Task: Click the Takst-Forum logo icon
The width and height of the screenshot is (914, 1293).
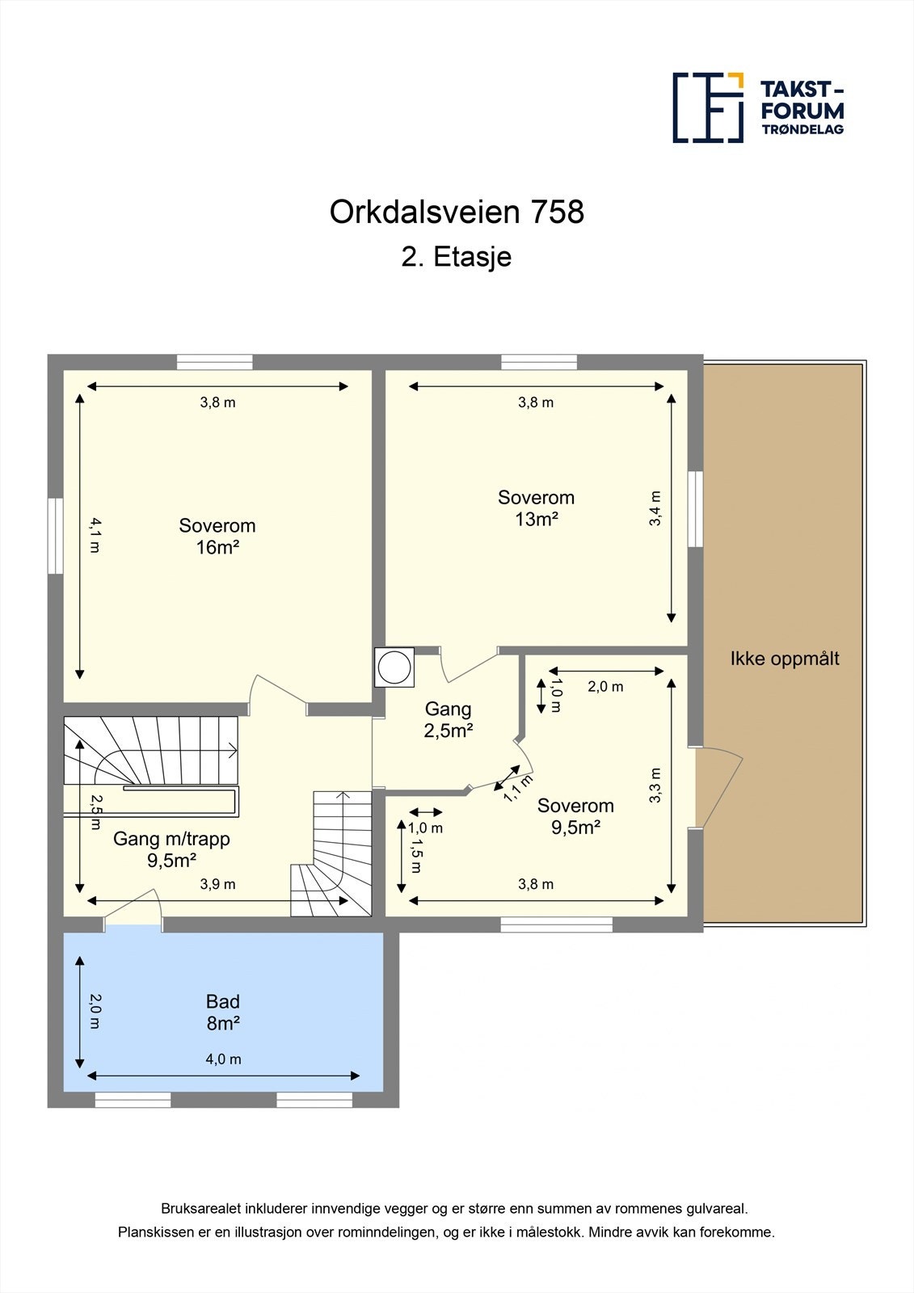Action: [708, 107]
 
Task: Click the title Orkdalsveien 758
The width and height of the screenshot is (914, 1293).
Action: [457, 212]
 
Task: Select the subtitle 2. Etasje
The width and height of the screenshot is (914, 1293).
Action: [457, 257]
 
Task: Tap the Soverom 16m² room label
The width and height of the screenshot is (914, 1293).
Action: [217, 537]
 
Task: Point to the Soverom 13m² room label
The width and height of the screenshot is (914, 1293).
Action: [536, 508]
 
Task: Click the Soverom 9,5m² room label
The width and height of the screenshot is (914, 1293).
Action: [575, 816]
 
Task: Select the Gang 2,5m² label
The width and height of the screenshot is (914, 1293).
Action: [448, 719]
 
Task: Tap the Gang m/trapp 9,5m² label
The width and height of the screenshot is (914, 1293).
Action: [171, 849]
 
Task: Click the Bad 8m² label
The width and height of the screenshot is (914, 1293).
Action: [223, 1013]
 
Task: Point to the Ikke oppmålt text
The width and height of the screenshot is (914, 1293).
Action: [784, 659]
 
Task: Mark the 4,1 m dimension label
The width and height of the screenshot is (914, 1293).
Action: [95, 535]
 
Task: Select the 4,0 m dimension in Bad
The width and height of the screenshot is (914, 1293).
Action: [224, 1059]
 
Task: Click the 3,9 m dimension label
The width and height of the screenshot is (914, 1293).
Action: [218, 884]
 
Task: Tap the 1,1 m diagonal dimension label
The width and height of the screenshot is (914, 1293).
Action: [518, 788]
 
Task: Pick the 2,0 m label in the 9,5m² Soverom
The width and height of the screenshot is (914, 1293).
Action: [605, 687]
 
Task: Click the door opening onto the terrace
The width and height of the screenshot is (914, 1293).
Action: [718, 788]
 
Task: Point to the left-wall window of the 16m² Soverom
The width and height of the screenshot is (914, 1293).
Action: [55, 535]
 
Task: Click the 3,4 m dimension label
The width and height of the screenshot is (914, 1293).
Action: [655, 508]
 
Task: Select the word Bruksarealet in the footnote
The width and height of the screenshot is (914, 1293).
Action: [194, 1209]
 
